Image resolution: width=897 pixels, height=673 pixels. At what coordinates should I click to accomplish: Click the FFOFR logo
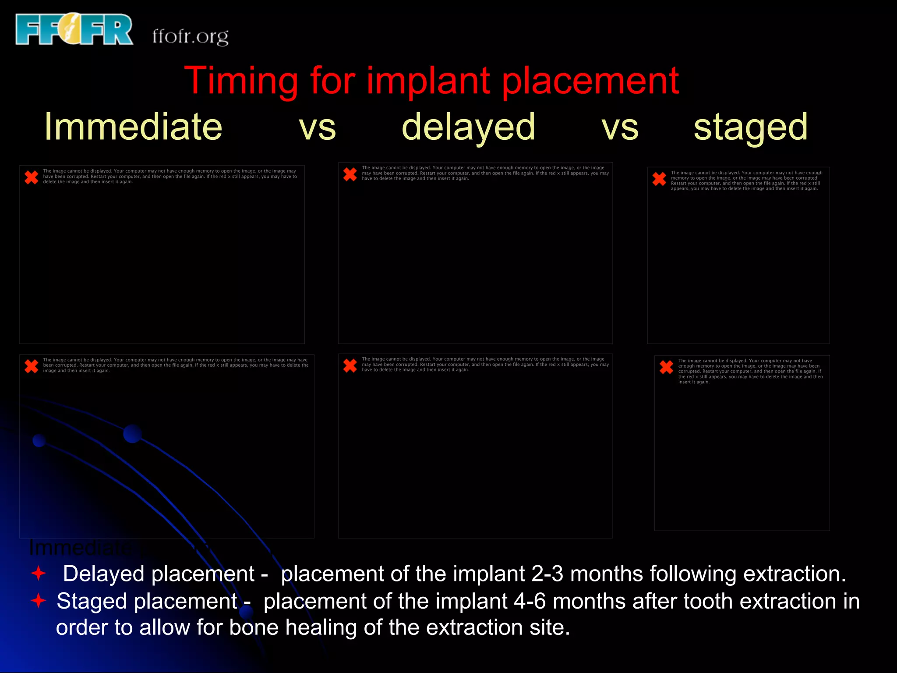74,29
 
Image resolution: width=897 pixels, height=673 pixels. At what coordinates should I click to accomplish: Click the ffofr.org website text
190,36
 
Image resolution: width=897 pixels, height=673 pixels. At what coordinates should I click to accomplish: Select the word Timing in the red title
241,81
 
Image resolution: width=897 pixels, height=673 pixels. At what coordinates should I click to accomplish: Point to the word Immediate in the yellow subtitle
133,127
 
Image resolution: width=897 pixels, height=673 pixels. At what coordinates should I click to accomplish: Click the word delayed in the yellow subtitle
468,128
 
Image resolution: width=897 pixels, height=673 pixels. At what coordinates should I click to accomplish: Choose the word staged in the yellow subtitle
750,128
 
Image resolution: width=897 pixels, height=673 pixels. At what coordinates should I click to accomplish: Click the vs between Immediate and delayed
317,128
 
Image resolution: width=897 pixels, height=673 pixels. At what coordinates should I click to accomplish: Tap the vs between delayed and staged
620,128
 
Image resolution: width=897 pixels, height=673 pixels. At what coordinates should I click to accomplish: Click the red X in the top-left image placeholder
32,177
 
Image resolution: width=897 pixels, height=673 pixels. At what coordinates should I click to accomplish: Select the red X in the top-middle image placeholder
350,174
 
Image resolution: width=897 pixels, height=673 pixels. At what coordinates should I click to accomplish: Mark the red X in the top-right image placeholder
659,179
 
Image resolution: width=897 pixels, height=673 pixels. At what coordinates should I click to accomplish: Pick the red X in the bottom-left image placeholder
32,366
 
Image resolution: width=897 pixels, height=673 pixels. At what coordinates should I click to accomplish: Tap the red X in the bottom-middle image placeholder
350,365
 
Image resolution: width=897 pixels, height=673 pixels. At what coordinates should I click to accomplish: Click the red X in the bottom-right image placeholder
666,367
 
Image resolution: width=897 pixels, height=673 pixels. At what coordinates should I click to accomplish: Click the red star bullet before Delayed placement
39,573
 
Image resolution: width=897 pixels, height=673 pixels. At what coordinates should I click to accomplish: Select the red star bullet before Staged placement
39,600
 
